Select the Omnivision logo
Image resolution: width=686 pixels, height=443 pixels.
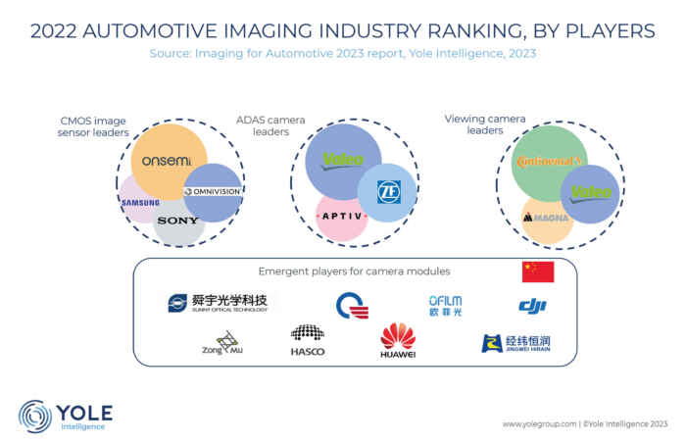click(x=212, y=191)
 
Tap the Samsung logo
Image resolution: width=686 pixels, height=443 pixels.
click(x=140, y=202)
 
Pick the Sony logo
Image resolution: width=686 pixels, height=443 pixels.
click(x=177, y=221)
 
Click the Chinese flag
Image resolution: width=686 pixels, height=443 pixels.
click(x=538, y=271)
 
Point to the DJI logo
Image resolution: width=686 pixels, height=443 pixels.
click(x=532, y=307)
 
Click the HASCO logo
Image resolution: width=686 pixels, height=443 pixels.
click(x=308, y=340)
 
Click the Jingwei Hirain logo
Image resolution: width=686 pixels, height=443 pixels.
click(x=515, y=343)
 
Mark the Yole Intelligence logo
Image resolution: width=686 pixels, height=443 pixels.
click(x=66, y=416)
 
